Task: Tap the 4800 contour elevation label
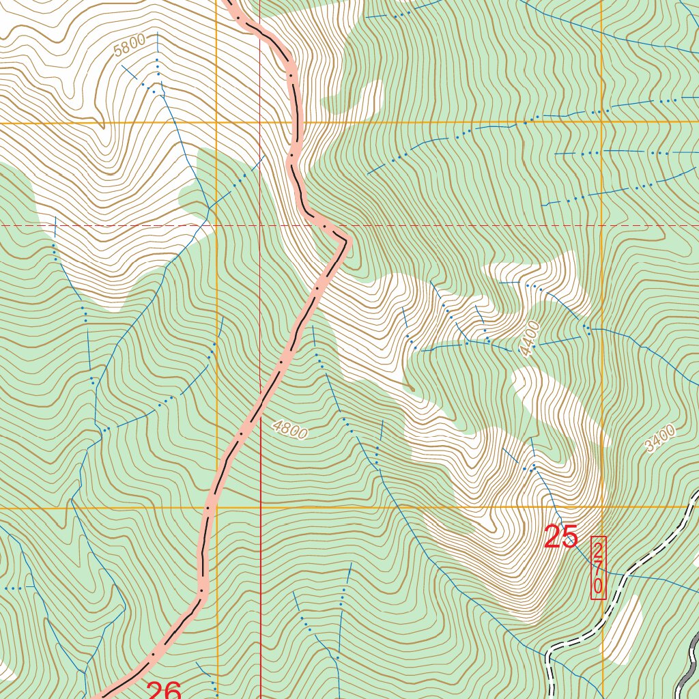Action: point(290,429)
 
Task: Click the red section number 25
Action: point(561,538)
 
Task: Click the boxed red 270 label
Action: point(598,567)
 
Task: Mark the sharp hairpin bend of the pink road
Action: point(345,240)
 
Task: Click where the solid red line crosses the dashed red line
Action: point(260,225)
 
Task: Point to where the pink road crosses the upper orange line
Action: point(298,122)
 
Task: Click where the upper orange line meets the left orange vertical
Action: point(216,122)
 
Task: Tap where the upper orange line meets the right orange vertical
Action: point(602,122)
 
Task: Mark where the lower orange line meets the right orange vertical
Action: point(602,507)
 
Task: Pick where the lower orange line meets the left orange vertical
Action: point(216,508)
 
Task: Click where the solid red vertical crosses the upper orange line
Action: point(260,122)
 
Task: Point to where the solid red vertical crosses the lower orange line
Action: point(260,508)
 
